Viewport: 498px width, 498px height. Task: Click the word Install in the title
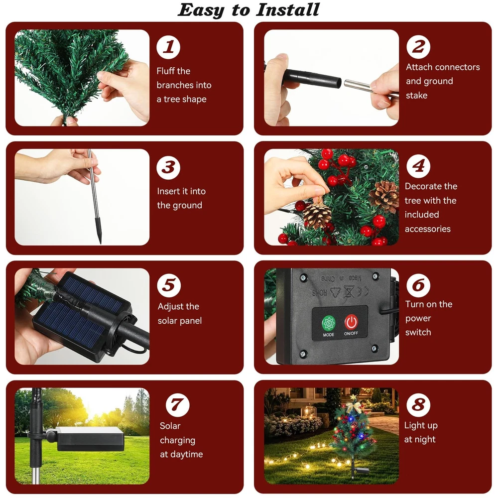click(x=288, y=10)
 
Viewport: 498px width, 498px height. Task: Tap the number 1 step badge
click(x=168, y=47)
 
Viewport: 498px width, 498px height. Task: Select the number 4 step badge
click(x=418, y=166)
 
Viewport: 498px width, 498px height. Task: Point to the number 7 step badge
click(x=178, y=405)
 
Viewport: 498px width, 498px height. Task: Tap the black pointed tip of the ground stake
click(x=99, y=230)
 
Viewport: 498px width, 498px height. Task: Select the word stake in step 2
click(x=416, y=95)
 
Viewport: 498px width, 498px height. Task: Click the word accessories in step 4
click(x=427, y=229)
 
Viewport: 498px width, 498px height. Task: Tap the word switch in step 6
click(x=418, y=332)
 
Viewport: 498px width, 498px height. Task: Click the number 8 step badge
click(x=418, y=404)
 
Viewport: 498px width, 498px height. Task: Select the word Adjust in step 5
click(x=170, y=307)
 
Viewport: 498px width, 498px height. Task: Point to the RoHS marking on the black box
click(x=320, y=292)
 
